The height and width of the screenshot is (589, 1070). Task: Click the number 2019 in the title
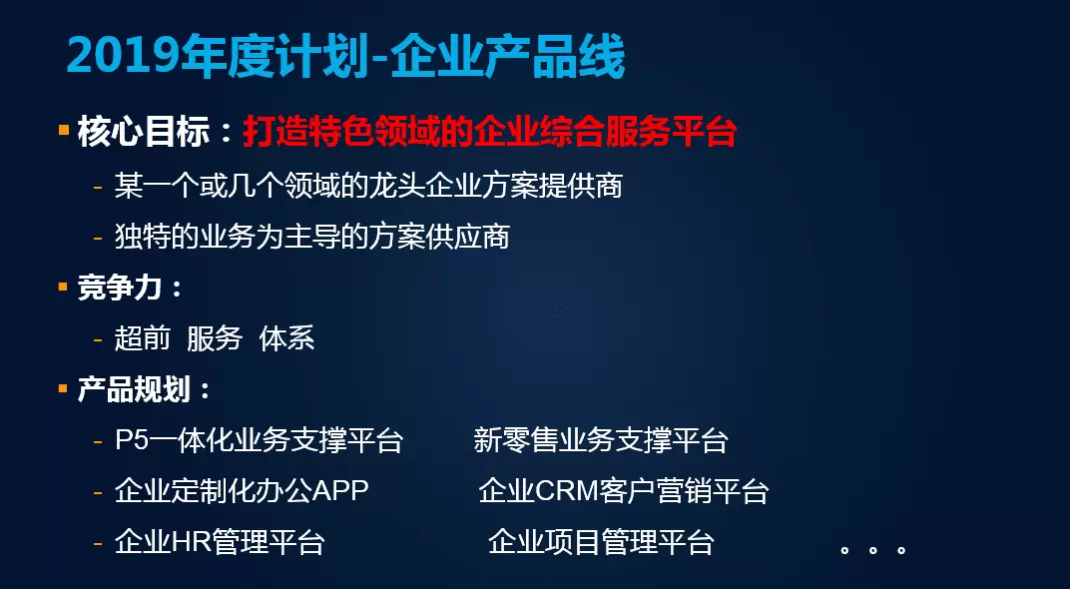coord(124,56)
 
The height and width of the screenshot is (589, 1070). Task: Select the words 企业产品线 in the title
coord(508,56)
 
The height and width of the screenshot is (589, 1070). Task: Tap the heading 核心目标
coord(144,132)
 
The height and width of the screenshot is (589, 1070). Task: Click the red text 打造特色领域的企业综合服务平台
coord(490,132)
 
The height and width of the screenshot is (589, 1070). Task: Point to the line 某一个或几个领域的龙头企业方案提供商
coord(368,186)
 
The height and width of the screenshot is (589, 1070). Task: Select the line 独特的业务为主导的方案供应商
coord(311,237)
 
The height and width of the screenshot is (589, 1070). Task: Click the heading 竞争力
coord(120,288)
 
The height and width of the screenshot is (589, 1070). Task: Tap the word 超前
coord(142,338)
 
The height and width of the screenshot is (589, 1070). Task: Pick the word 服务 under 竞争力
coord(215,338)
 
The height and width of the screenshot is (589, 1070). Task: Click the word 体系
coord(286,338)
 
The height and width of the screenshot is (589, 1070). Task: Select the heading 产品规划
coord(133,389)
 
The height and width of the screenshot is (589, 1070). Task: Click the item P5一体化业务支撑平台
coord(259,440)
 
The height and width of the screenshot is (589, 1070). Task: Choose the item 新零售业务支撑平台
coord(601,440)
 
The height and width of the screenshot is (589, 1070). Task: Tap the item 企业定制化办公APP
coord(242,491)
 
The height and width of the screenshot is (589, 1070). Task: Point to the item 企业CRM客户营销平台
coord(624,491)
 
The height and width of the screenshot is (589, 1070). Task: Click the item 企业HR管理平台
coord(219,543)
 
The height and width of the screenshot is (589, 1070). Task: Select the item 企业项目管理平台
coord(601,543)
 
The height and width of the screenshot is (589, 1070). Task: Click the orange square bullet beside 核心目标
coord(64,129)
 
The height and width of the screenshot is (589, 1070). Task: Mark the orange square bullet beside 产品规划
coord(64,388)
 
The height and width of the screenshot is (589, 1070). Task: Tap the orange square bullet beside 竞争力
coord(64,287)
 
